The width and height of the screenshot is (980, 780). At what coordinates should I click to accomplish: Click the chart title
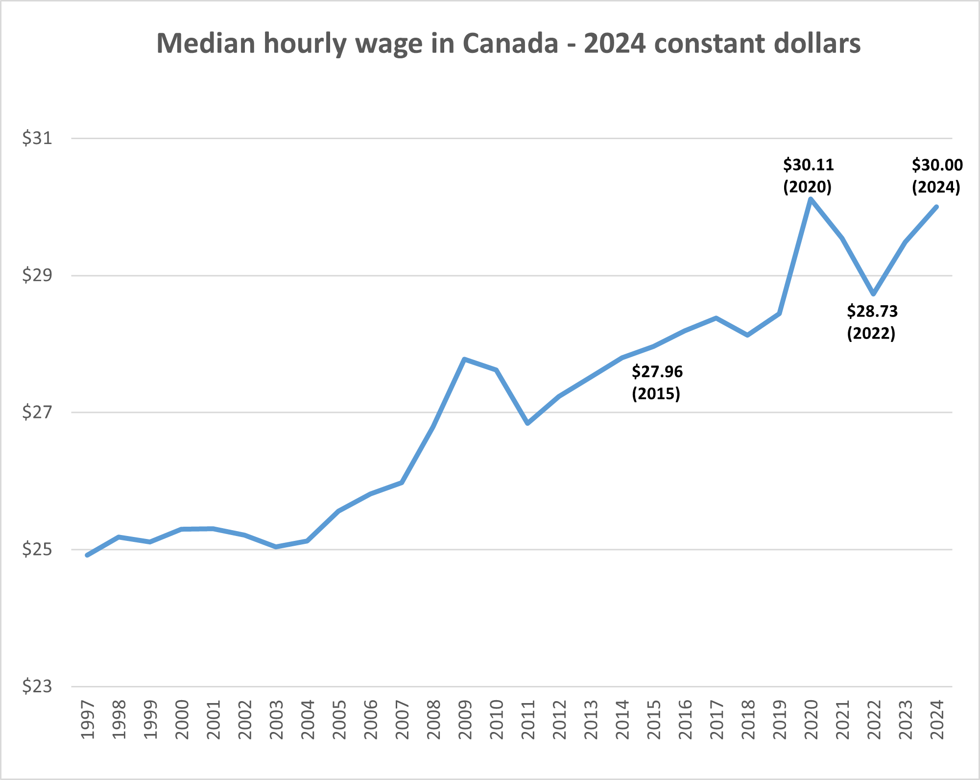(x=508, y=44)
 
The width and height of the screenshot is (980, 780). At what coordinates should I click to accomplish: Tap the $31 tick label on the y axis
(x=37, y=138)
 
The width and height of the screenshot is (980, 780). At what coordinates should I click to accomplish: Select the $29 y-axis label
(x=37, y=275)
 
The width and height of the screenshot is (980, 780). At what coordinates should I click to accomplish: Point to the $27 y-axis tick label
(x=37, y=413)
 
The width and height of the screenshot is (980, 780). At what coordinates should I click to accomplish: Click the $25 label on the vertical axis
(x=37, y=550)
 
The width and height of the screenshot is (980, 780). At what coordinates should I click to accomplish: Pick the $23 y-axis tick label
(x=37, y=686)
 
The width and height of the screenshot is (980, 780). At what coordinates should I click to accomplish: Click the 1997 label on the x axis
(x=87, y=720)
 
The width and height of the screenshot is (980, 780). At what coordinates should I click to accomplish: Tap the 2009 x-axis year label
(x=465, y=720)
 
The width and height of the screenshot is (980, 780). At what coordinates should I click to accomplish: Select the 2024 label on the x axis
(x=937, y=720)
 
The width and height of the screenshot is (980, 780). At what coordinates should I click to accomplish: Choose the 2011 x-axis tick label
(x=528, y=720)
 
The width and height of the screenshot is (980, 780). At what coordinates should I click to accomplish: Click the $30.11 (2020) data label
(x=808, y=175)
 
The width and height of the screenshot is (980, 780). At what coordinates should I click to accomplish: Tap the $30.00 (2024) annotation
(x=937, y=175)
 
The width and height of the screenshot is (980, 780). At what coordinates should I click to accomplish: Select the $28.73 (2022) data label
(x=872, y=322)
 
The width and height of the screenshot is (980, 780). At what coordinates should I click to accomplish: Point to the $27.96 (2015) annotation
(x=657, y=383)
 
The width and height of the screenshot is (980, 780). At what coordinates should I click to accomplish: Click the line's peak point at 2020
(x=811, y=199)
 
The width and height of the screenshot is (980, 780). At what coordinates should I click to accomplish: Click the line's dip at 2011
(x=527, y=423)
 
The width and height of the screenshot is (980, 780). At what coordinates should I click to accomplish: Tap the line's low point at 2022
(x=874, y=294)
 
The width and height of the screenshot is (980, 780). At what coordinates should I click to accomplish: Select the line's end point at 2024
(x=936, y=207)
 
